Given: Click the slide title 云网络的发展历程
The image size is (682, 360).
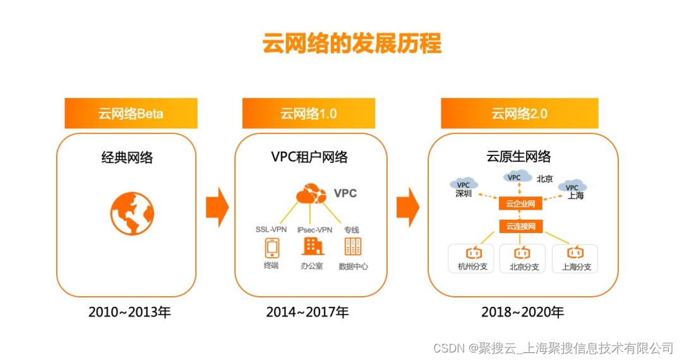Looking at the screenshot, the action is [352, 44].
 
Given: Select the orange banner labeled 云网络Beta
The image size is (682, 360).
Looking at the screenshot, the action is [131, 114].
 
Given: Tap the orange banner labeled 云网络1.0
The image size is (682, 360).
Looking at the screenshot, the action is [309, 114].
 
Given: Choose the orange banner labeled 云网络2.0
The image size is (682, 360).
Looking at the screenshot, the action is [519, 114].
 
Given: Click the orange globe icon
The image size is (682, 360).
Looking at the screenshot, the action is [132, 214].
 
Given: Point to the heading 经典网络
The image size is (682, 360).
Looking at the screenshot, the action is [127, 157].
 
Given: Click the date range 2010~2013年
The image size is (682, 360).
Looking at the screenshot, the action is [129, 312].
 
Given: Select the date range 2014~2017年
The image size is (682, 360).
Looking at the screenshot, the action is [308, 312].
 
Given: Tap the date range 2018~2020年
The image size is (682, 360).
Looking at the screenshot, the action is [522, 312].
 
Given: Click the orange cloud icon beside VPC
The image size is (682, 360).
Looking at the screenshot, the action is [311, 193].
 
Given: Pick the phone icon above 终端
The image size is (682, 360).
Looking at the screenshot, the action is [272, 246].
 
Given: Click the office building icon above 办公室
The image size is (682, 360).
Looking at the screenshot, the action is [312, 246].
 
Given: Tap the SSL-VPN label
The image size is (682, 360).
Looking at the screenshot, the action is [272, 230].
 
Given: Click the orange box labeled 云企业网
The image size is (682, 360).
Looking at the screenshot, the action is [520, 203].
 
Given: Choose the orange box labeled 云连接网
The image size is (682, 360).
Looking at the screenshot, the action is [520, 225].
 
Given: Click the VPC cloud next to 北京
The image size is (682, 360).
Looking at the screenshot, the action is [515, 177].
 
